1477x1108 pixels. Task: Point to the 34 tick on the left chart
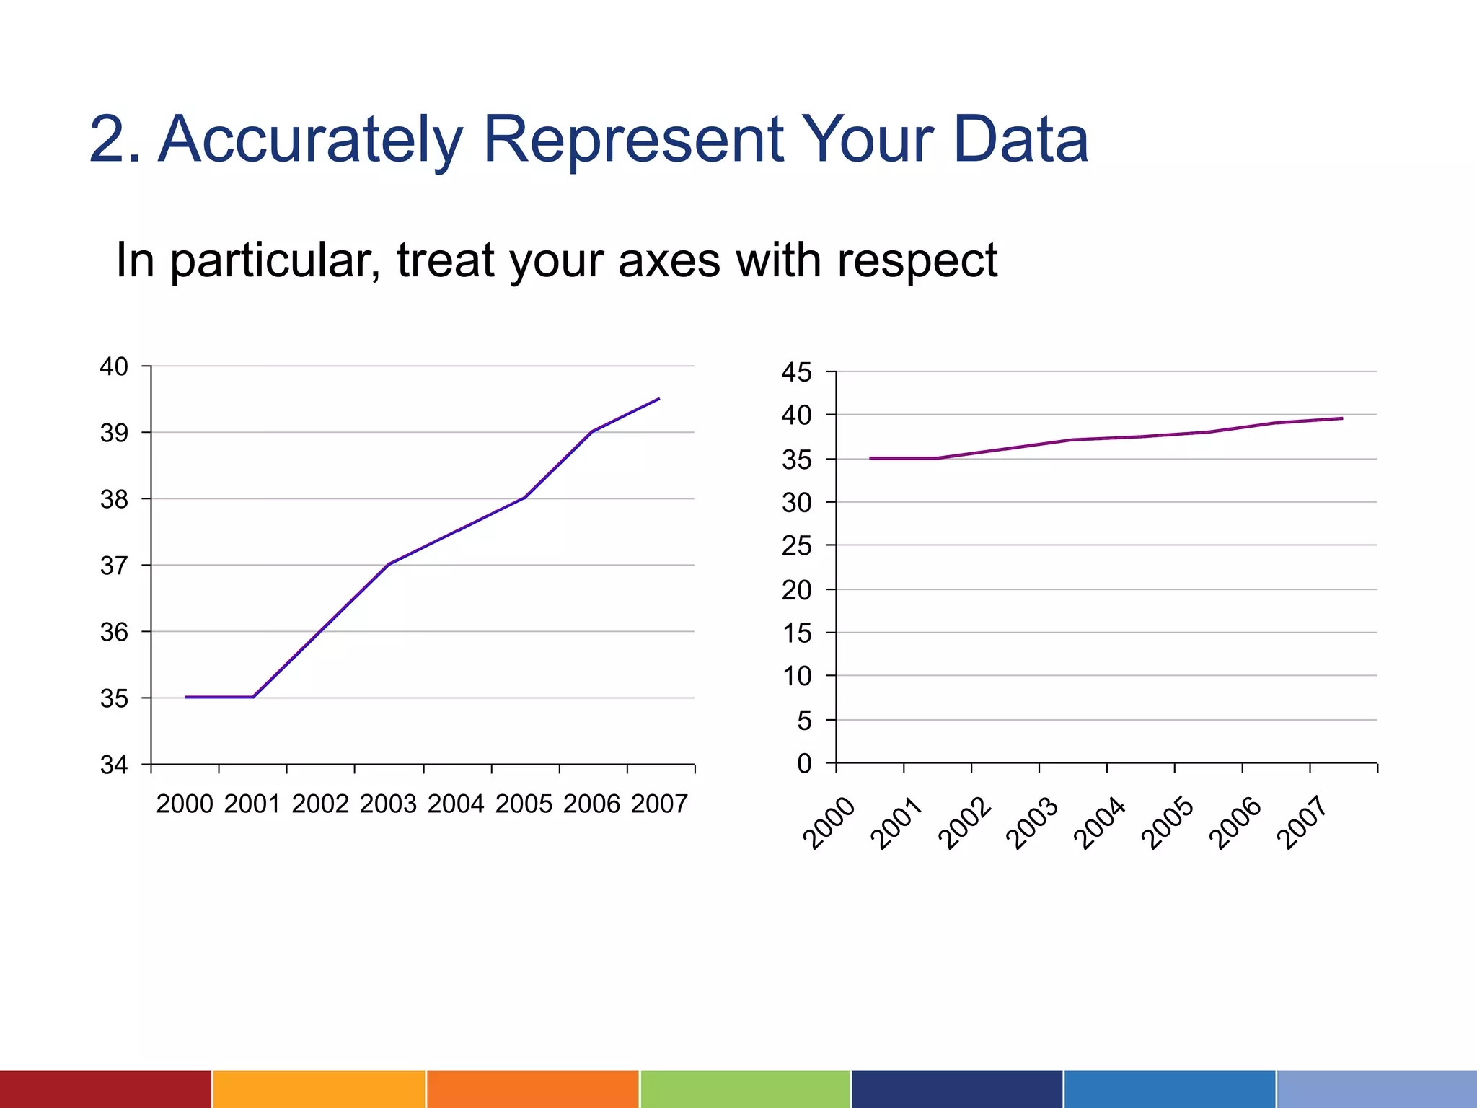114,765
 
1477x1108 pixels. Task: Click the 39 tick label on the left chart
114,433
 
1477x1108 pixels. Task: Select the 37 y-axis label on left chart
114,566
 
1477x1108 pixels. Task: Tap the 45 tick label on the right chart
796,373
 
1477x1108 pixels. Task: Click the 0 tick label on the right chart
804,763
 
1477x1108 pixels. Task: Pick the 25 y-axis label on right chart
796,546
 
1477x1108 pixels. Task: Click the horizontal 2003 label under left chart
388,804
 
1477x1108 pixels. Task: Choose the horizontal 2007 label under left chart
659,804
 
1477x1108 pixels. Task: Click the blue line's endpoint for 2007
659,398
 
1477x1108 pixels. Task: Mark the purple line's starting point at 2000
870,458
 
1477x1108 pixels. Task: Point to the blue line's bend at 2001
252,697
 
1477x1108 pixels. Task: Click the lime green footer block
744,1089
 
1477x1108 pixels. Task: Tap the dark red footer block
105,1089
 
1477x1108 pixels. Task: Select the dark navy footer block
956,1089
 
